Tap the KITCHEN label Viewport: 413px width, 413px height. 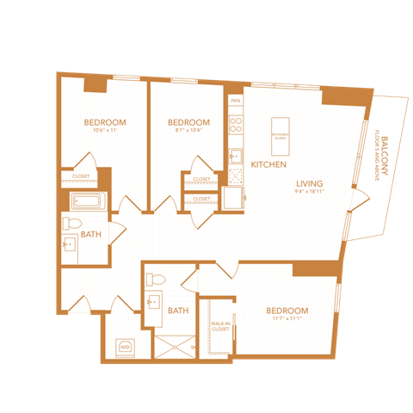(x=268, y=163)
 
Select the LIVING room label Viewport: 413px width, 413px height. (x=311, y=183)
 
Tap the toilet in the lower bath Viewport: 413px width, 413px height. (x=156, y=280)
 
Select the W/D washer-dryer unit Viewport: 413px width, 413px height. (x=126, y=347)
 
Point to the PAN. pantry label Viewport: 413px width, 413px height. (x=234, y=100)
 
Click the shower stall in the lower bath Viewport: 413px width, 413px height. (x=176, y=345)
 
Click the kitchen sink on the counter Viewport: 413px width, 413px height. (x=234, y=156)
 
